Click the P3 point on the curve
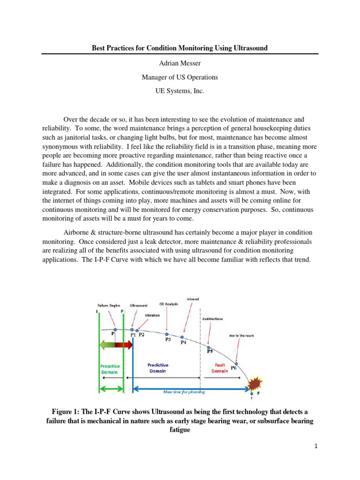coord(167,334)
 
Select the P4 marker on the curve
coord(182,337)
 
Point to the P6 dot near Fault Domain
coord(237,364)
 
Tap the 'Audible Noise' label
coord(212,319)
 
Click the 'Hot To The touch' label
coord(241,336)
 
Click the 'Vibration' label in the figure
coord(151,315)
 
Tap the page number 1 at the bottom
coord(316,446)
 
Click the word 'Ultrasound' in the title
coord(246,48)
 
